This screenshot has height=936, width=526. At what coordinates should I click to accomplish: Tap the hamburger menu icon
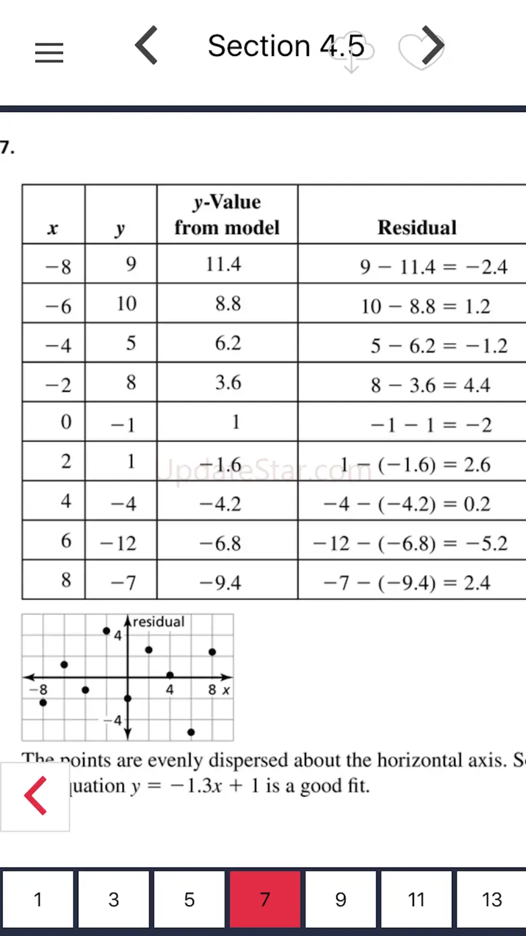click(49, 53)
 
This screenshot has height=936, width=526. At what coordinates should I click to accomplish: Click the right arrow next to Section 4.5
click(433, 46)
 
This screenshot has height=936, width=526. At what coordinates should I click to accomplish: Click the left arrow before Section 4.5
click(146, 46)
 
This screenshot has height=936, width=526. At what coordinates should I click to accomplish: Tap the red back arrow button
click(35, 796)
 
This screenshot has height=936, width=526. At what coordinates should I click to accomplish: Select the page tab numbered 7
click(265, 899)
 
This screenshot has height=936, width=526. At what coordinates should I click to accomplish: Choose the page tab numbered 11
click(416, 899)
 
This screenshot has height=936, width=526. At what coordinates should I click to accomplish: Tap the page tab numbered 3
click(113, 899)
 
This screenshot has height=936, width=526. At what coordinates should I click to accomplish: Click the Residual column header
click(417, 227)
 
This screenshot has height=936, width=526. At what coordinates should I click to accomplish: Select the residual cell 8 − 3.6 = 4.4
click(430, 385)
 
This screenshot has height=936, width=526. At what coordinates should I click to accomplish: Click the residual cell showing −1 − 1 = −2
click(431, 425)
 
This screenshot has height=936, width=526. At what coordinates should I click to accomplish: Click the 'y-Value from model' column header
click(227, 215)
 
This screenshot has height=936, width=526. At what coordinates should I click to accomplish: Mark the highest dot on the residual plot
click(107, 631)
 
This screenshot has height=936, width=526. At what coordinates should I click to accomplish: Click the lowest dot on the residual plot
click(192, 732)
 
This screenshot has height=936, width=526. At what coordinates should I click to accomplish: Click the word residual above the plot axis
click(158, 622)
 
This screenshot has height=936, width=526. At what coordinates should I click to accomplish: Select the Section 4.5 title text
click(286, 46)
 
